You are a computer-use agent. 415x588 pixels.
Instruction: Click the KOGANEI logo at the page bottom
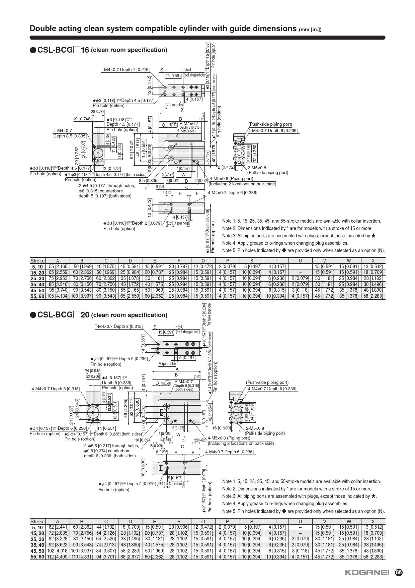point(367,573)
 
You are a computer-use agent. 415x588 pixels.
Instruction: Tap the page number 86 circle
point(399,573)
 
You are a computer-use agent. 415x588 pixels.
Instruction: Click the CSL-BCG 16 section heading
point(98,50)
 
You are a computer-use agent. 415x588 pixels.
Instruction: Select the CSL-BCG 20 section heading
point(98,315)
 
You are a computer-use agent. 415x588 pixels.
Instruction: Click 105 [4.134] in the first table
point(57,296)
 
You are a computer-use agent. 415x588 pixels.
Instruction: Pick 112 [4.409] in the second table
point(57,557)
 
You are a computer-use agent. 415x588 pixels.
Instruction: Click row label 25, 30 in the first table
point(37,278)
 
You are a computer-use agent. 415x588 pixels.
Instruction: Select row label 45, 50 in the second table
point(37,551)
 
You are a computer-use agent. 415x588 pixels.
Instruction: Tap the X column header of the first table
point(373,261)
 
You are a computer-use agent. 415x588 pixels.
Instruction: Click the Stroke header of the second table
point(37,521)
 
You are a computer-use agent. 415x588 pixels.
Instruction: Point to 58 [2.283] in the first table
point(373,296)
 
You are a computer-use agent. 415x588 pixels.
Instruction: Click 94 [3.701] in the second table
point(106,557)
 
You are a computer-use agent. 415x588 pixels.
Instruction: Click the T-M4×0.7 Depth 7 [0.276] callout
point(125,70)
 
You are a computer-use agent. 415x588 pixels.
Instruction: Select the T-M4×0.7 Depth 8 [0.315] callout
point(118,326)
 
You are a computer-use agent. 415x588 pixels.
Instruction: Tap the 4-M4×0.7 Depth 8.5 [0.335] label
point(70,133)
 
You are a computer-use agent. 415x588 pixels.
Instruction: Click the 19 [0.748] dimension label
point(82,119)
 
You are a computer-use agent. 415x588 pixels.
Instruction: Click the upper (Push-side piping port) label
point(270,124)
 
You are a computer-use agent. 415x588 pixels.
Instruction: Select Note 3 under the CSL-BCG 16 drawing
point(299,236)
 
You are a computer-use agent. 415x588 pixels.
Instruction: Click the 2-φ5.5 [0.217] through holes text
point(111,446)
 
